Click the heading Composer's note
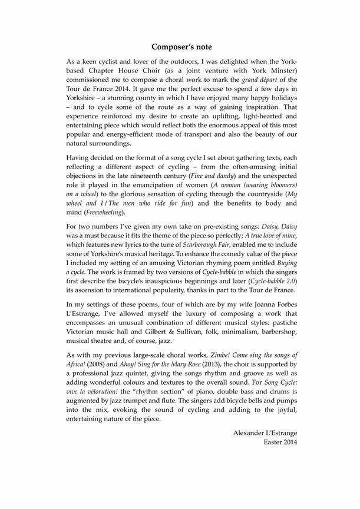pyautogui.click(x=181, y=47)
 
